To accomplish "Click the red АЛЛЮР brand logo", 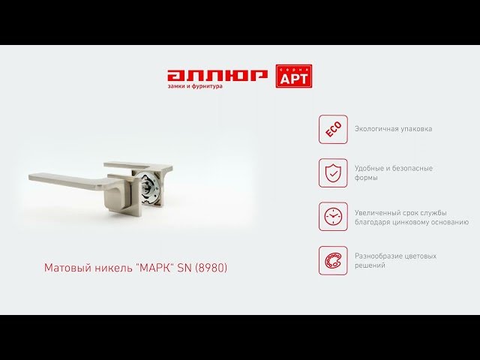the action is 217,76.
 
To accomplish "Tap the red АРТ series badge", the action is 294,76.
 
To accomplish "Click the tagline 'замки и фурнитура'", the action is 195,86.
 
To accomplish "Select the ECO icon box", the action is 333,129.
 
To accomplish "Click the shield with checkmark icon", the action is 333,173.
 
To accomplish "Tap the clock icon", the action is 333,217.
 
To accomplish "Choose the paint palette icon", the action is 333,260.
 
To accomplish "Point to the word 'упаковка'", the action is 417,130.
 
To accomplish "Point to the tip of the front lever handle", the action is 30,178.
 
